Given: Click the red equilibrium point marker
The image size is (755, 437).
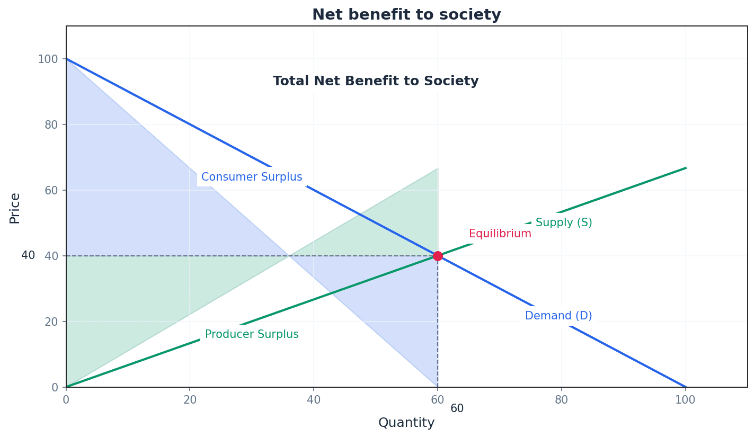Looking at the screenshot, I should click(438, 256).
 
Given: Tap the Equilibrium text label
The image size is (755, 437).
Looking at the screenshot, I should click(500, 234).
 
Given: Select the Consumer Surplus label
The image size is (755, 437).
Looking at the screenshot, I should click(252, 177).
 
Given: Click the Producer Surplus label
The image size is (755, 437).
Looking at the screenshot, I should click(252, 334).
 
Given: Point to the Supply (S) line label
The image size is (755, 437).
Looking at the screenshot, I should click(564, 222).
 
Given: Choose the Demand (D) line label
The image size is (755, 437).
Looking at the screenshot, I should click(558, 316).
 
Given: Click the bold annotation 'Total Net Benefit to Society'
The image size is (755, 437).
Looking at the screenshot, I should click(376, 81).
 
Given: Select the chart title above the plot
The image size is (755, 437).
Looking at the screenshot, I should click(406, 15).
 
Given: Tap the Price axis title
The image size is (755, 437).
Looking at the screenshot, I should click(15, 208).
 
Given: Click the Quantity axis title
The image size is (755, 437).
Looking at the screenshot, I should click(406, 423).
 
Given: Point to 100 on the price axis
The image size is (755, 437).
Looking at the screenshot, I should click(47, 59).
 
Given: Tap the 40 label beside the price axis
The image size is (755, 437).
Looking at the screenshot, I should click(28, 255).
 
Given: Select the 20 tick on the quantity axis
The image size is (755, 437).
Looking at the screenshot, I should click(190, 400).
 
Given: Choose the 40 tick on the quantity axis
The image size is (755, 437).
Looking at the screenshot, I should click(314, 400).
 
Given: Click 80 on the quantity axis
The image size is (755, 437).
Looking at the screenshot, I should click(562, 400).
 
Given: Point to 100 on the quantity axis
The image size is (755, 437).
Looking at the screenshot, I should click(685, 400).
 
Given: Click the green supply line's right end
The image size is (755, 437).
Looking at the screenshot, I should click(686, 168).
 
